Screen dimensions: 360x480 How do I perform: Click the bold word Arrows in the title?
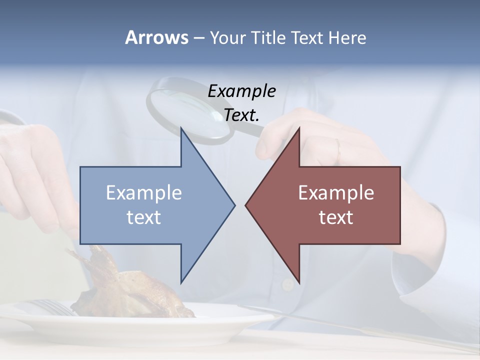(x=156, y=37)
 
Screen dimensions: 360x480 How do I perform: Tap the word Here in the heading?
(x=347, y=37)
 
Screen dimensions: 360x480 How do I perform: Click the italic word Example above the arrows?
(x=241, y=91)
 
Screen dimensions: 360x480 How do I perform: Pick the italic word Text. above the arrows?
(x=241, y=115)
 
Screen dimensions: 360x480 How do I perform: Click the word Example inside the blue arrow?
(x=144, y=193)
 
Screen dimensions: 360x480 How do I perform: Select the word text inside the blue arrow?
(x=144, y=217)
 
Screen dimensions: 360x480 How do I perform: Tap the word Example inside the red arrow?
(x=336, y=193)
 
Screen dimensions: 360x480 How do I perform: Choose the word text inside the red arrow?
(x=336, y=217)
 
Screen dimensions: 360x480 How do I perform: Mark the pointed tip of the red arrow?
(x=246, y=204)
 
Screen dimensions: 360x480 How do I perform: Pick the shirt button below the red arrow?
(x=287, y=284)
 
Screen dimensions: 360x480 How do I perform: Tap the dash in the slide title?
(x=198, y=38)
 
